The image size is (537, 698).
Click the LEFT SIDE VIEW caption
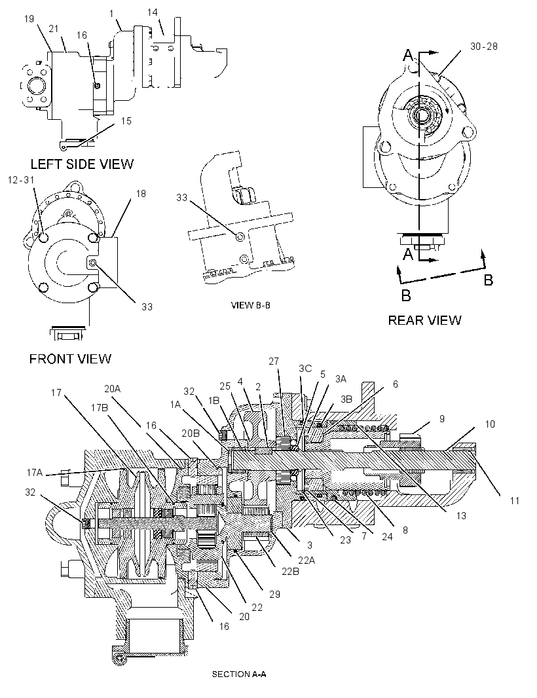[x=82, y=164]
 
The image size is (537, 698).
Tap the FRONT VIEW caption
[x=70, y=359]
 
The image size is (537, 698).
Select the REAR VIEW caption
[x=425, y=320]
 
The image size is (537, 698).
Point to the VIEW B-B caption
[x=251, y=305]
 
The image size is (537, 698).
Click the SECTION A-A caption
[x=238, y=674]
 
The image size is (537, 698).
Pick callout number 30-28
[x=483, y=46]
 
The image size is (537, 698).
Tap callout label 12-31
[x=21, y=180]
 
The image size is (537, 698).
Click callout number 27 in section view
[x=273, y=361]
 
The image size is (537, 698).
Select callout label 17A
[x=34, y=473]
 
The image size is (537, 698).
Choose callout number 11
[x=514, y=501]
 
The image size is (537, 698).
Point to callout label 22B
[x=290, y=571]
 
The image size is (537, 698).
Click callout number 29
[x=275, y=595]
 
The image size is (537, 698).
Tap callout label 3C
[x=305, y=368]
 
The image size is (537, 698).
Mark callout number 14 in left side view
[x=153, y=12]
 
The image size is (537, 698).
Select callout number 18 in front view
[x=141, y=194]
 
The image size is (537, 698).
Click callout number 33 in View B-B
[x=181, y=197]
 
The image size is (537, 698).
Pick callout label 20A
[x=113, y=389]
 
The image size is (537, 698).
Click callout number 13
[x=461, y=515]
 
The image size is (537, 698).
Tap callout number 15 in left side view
[x=126, y=121]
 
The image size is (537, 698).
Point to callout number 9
[x=441, y=419]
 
